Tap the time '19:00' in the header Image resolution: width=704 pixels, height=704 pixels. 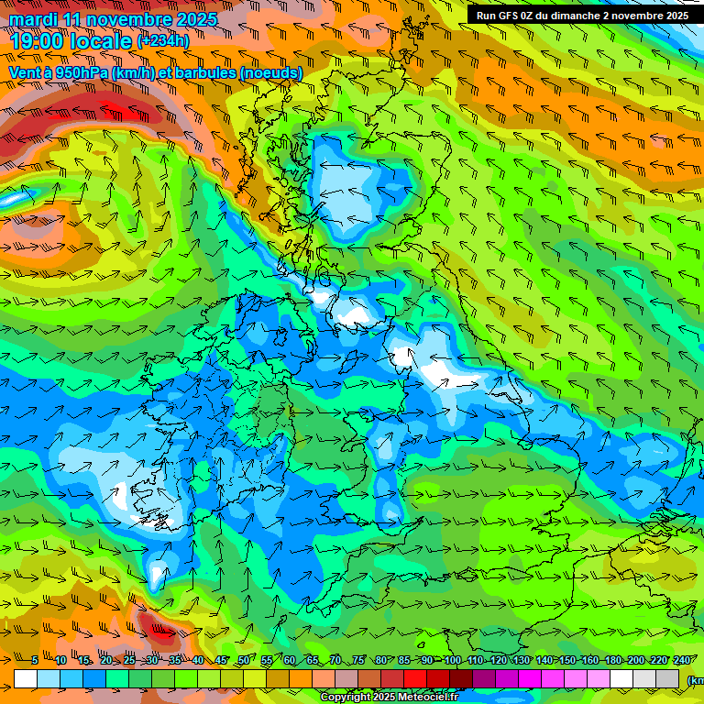tap(38, 40)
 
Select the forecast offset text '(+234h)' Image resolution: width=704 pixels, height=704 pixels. tap(163, 40)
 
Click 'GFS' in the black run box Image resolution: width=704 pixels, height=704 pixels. tap(516, 16)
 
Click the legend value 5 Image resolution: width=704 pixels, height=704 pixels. tap(34, 660)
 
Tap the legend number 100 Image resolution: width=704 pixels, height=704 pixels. tap(452, 660)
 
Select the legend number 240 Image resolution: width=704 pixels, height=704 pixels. tap(681, 660)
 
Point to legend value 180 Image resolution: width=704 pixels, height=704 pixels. tap(612, 660)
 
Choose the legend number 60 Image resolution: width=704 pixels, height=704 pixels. tap(290, 660)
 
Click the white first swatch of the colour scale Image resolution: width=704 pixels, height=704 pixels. tap(26, 678)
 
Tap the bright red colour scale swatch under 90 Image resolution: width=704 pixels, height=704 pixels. tap(415, 678)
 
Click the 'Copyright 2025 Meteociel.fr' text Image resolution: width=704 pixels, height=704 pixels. tap(389, 697)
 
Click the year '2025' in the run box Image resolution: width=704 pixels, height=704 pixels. tap(675, 16)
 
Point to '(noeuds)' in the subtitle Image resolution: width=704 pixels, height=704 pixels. tap(270, 72)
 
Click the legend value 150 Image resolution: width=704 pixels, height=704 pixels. tap(566, 660)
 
